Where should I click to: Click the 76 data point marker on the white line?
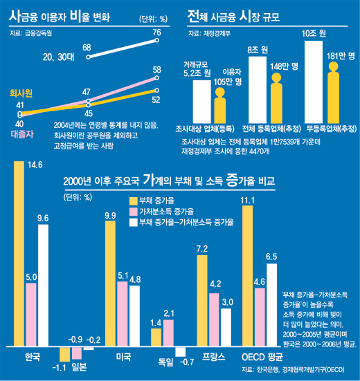[157, 40]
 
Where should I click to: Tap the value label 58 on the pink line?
[157, 70]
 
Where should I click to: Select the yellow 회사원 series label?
[21, 93]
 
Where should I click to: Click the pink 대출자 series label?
[22, 134]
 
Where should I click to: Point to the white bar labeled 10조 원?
[314, 82]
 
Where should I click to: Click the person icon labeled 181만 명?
[333, 93]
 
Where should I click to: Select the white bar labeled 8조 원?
[258, 90]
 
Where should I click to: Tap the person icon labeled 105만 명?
[220, 105]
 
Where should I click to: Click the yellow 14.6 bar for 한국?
[19, 254]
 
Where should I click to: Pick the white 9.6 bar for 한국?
[44, 286]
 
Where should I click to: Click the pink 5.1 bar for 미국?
[123, 314]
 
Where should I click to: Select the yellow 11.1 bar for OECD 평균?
[247, 276]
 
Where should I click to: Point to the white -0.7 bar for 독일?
[181, 351]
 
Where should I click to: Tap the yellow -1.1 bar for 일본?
[64, 354]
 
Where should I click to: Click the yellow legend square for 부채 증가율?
[134, 201]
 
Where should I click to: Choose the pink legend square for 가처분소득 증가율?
[134, 212]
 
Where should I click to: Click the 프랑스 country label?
[213, 357]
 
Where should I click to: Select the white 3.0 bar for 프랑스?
[226, 327]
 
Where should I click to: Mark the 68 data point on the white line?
[89, 57]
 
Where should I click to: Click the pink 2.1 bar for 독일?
[168, 333]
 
